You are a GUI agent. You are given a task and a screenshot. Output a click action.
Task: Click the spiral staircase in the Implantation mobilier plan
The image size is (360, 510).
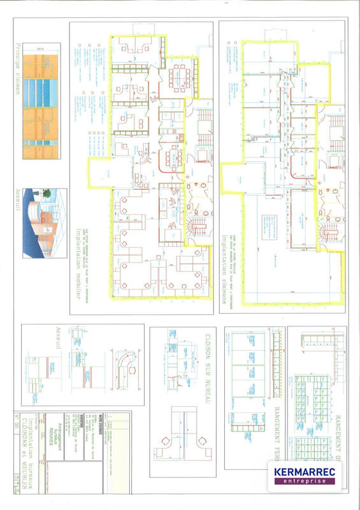(192, 226)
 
